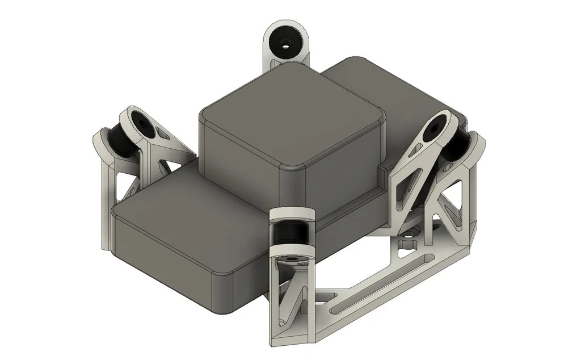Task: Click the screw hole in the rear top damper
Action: tap(286, 41)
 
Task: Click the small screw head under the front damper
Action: tap(293, 260)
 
